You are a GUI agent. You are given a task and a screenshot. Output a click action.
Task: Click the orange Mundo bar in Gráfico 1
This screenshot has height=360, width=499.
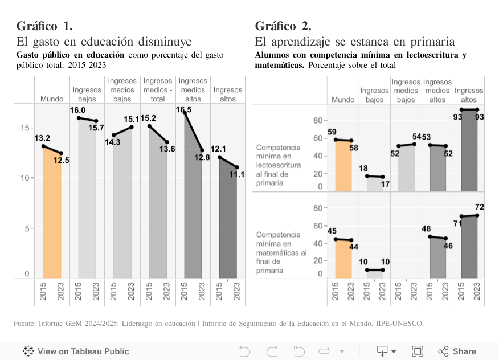point(52,216)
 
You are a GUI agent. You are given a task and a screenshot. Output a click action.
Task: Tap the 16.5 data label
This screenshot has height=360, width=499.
point(184,109)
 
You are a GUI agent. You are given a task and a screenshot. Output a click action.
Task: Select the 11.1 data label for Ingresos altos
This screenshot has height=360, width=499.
point(237,175)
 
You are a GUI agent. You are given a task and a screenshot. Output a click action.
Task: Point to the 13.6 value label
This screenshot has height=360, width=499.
point(167,149)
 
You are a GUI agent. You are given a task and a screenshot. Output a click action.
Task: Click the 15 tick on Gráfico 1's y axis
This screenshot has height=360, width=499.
point(24,128)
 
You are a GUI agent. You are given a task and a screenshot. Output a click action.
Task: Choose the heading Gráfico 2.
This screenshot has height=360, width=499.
point(283,26)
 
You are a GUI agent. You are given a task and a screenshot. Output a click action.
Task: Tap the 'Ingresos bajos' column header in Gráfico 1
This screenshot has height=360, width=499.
point(87,95)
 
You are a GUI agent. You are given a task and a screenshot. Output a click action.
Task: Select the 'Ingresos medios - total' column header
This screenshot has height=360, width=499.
point(158,90)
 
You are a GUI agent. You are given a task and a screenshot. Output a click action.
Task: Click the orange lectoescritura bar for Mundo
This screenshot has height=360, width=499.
point(343,166)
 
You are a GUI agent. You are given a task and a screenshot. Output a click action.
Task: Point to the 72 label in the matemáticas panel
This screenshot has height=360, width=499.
point(479,207)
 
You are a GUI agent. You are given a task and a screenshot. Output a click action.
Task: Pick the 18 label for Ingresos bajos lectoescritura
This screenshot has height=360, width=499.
point(363,169)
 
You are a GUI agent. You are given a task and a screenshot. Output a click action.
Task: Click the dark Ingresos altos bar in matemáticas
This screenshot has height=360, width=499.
point(469,247)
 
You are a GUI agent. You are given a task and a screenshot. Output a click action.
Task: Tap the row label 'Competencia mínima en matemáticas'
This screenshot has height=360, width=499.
point(281,252)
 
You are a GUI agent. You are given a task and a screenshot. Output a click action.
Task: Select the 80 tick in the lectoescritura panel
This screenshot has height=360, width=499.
point(318,121)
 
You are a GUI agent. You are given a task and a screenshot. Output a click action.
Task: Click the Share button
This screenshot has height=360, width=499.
point(457,351)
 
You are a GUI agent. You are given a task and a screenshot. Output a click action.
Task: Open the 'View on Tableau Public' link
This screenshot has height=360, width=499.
point(76,351)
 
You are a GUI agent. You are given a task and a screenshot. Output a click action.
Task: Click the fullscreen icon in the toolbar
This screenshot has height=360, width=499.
point(418,351)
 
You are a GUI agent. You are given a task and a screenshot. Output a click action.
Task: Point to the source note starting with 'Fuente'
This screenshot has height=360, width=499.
point(219,324)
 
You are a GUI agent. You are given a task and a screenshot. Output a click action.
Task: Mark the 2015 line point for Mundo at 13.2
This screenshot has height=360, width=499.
point(43,146)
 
